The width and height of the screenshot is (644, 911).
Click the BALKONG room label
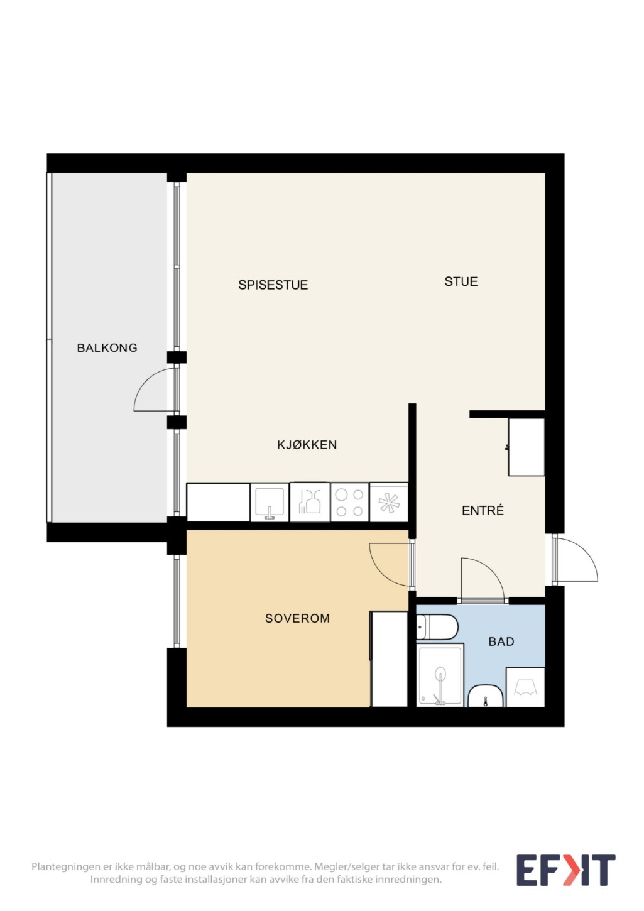point(107,347)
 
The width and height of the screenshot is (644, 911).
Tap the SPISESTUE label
point(273,285)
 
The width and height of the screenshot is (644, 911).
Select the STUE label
point(461,281)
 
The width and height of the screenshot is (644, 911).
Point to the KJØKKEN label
point(307,445)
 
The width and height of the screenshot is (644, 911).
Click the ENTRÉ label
point(483,510)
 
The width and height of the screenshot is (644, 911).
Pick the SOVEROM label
point(297,618)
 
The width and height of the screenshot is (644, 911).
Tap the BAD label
point(501,641)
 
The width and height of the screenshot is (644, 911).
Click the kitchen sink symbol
point(270,502)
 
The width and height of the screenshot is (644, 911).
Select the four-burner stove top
point(349,502)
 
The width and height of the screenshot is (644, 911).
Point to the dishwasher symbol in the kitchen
point(310,502)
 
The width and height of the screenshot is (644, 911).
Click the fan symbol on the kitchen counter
point(388,502)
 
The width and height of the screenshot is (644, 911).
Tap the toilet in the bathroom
point(437,627)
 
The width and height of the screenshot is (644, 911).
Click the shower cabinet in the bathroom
point(440,674)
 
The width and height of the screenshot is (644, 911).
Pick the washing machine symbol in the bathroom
point(525,687)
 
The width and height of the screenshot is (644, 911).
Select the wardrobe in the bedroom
point(389,659)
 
